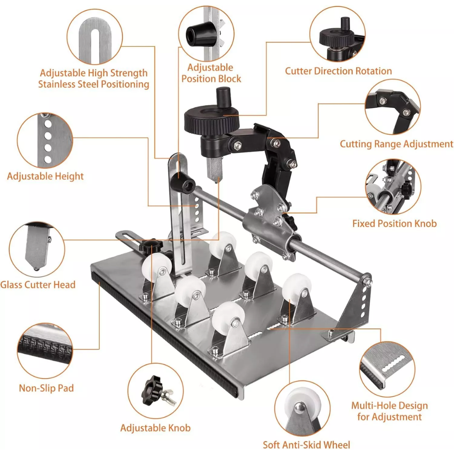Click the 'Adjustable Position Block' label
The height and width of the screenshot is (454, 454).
point(211,73)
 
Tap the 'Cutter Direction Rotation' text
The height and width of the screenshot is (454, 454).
point(338,71)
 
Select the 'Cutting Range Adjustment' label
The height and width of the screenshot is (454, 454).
point(396,144)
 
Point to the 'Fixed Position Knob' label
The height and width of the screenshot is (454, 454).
point(395,223)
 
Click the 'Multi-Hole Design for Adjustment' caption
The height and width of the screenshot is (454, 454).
point(390,411)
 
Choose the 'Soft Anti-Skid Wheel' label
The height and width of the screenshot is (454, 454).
point(306,444)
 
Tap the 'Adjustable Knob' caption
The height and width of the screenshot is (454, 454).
point(155,428)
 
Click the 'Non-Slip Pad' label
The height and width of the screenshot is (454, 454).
point(46,388)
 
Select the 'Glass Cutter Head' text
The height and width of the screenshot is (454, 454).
point(38,285)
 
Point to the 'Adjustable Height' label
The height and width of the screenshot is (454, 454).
point(45,176)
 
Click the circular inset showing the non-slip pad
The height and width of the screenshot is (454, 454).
point(45,350)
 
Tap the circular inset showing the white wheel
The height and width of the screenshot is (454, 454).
point(302,408)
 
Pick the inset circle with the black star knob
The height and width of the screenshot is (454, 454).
point(155,391)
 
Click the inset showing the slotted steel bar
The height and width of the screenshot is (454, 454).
point(95,36)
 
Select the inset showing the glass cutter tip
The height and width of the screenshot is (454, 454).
point(37,249)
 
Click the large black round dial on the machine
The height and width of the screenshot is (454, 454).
point(212,120)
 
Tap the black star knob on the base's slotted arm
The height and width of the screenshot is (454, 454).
point(151,246)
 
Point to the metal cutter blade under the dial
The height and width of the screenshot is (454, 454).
point(214,170)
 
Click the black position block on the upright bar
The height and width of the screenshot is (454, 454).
point(183,183)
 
